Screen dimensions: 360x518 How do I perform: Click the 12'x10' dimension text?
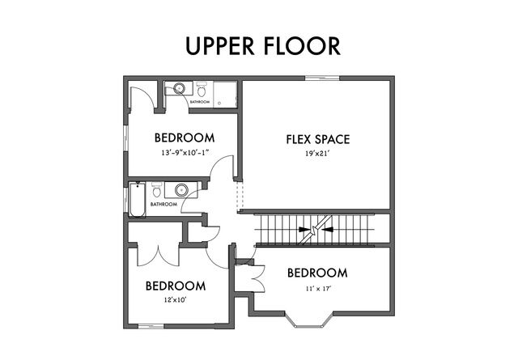(x=175, y=299)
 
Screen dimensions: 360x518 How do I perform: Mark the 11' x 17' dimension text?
(x=317, y=287)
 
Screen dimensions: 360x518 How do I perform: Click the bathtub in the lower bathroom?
(x=137, y=199)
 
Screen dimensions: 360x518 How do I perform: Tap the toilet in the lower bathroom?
(x=158, y=192)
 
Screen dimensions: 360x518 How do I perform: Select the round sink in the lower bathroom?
(x=182, y=191)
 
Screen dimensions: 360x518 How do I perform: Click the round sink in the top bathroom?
(x=178, y=88)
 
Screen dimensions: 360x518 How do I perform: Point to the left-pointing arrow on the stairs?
(x=329, y=230)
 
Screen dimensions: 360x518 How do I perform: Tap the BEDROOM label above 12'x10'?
(x=175, y=286)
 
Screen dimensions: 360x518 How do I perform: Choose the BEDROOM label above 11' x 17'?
(x=317, y=273)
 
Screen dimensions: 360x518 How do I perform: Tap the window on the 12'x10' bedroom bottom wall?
(x=150, y=326)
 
